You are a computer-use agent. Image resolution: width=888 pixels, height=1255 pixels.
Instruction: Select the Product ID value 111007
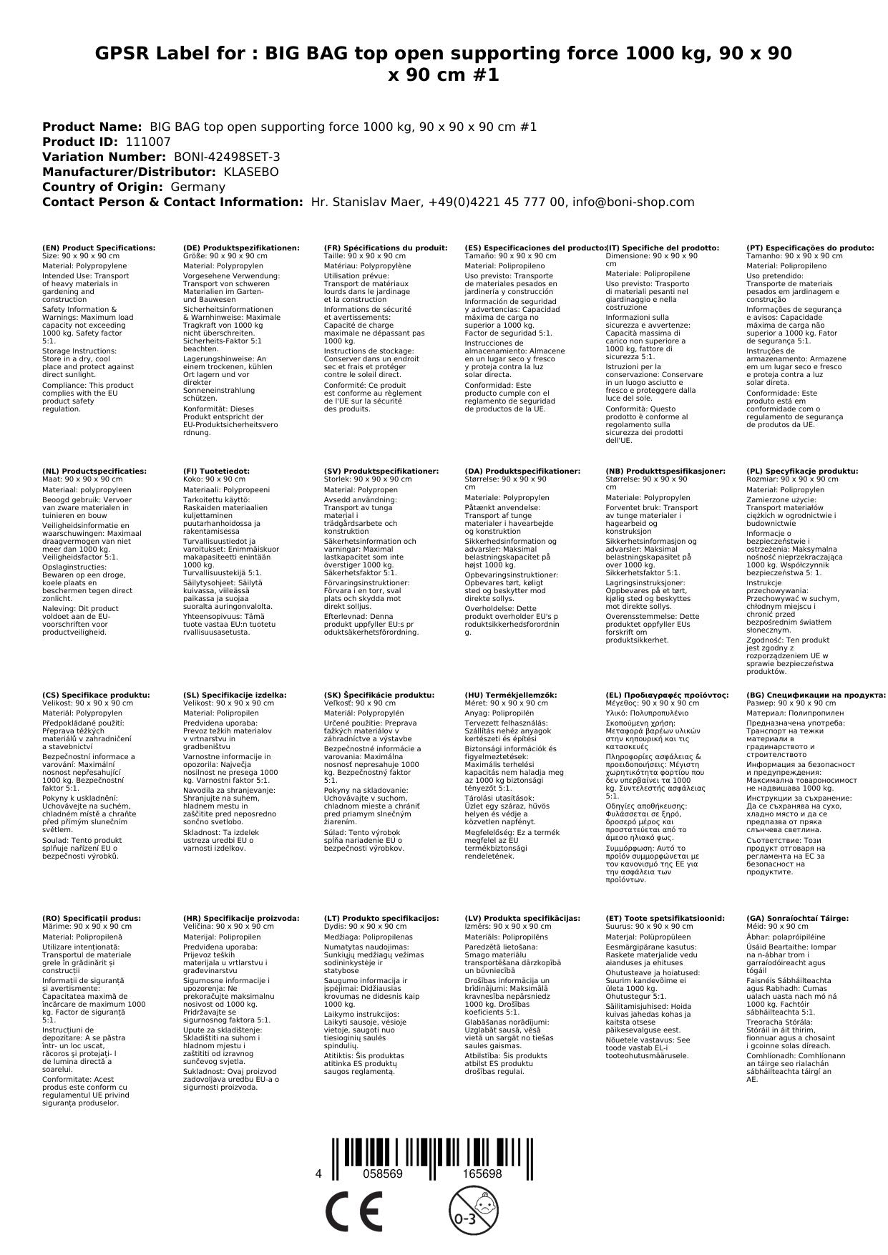(x=148, y=142)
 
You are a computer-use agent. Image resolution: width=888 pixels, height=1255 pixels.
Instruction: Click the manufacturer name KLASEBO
(x=251, y=172)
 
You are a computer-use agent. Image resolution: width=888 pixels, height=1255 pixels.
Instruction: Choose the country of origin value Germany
(x=198, y=187)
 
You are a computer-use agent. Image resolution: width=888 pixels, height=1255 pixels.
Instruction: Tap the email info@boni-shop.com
(x=634, y=202)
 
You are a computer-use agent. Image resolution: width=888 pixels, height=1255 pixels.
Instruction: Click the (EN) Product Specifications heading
(x=99, y=248)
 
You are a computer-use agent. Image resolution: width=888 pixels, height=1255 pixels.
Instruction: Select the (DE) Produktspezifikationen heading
(x=241, y=248)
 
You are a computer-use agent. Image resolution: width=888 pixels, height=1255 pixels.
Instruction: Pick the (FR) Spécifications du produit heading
(x=386, y=248)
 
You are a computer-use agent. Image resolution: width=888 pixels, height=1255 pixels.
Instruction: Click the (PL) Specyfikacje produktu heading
(x=802, y=472)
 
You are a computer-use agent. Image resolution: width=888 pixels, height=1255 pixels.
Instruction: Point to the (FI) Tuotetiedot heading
(x=217, y=472)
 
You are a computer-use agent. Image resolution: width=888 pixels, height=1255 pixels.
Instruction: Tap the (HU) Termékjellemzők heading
(x=511, y=695)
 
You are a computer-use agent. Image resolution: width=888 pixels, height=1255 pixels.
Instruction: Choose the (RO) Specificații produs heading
(x=92, y=918)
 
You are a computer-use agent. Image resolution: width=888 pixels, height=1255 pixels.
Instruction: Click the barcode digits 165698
(x=482, y=1174)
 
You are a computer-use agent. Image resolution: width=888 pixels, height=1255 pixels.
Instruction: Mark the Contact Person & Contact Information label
(x=172, y=202)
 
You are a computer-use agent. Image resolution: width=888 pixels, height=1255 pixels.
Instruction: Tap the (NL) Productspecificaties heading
(x=94, y=472)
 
